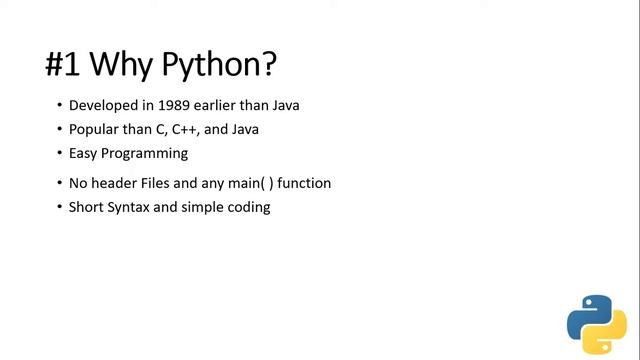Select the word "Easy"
coord(84,153)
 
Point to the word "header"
coord(117,183)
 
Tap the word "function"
coord(305,183)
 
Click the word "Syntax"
coord(136,207)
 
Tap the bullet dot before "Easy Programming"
coord(58,154)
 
